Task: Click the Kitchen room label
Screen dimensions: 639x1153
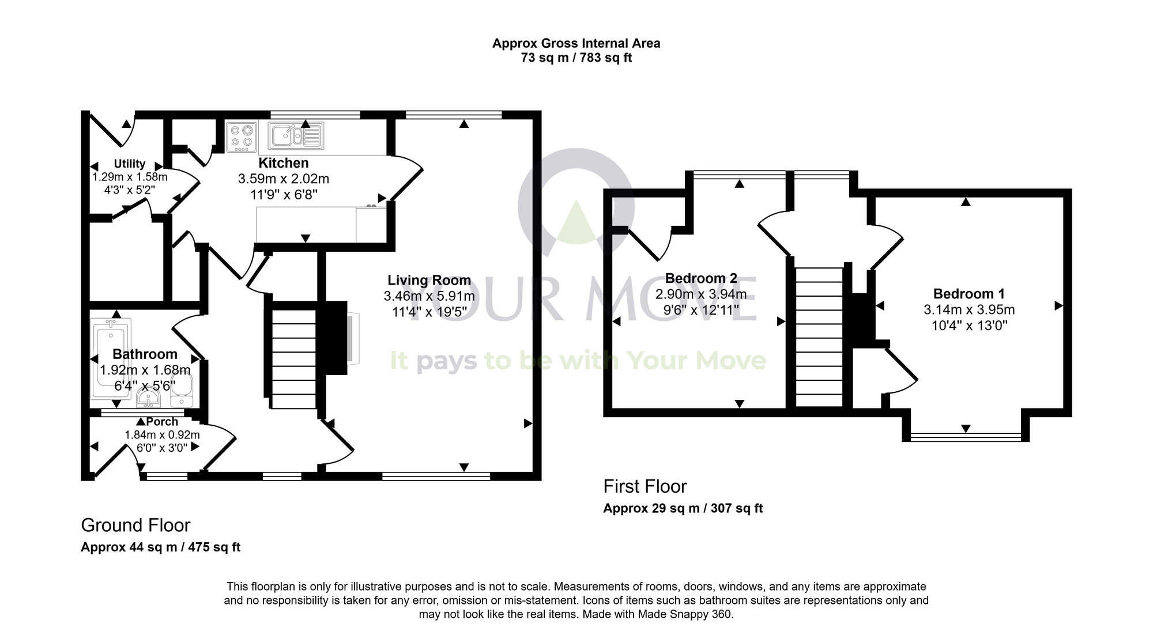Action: pyautogui.click(x=283, y=163)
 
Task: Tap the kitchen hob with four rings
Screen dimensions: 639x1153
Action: pyautogui.click(x=241, y=137)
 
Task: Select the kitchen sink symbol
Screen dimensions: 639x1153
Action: pyautogui.click(x=296, y=136)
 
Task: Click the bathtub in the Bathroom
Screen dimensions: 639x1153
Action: pyautogui.click(x=111, y=357)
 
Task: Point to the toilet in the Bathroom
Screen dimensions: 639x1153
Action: pyautogui.click(x=183, y=392)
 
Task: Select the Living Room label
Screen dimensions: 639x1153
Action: pyautogui.click(x=429, y=281)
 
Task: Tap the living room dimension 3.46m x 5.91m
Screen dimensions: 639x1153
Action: pyautogui.click(x=429, y=296)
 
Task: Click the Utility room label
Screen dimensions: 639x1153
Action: pyautogui.click(x=129, y=164)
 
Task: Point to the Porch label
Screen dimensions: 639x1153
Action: pyautogui.click(x=162, y=422)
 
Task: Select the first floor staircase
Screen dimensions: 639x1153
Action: pyautogui.click(x=819, y=337)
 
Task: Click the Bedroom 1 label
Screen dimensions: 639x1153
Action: pyautogui.click(x=969, y=294)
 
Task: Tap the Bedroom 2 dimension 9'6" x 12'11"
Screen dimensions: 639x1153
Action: pyautogui.click(x=701, y=310)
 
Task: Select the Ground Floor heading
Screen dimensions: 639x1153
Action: pyautogui.click(x=135, y=525)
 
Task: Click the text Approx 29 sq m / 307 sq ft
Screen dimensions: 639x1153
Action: pyautogui.click(x=683, y=508)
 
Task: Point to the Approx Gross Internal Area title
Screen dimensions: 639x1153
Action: pyautogui.click(x=576, y=43)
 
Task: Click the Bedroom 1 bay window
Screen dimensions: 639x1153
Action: pyautogui.click(x=966, y=437)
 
